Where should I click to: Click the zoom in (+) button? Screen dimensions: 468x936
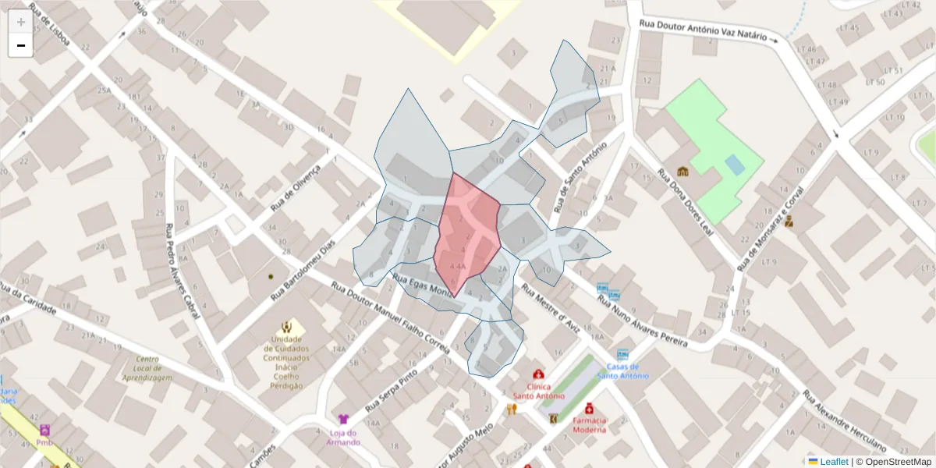click(20, 22)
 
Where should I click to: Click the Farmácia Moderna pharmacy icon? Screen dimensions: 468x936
click(589, 408)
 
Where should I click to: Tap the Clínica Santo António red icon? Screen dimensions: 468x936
click(537, 374)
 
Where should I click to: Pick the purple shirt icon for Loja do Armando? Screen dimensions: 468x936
click(343, 419)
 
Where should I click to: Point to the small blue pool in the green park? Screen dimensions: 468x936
click(734, 165)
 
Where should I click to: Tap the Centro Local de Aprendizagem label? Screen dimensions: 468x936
click(147, 368)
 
